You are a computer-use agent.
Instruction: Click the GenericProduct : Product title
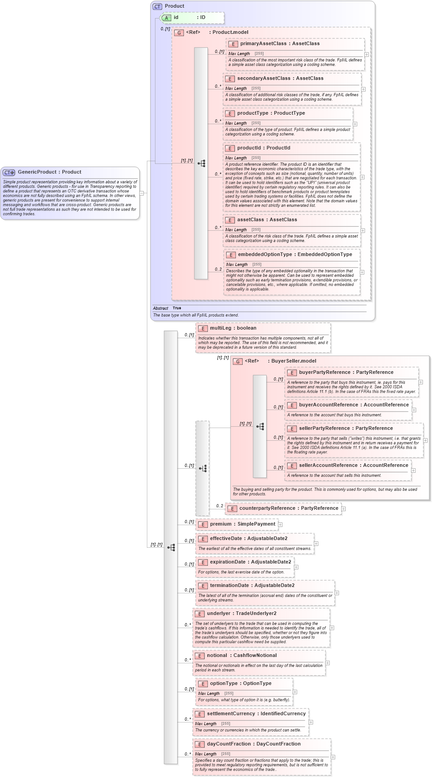click(49, 172)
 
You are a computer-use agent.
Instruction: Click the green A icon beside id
click(166, 18)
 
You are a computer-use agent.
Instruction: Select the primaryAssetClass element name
click(263, 44)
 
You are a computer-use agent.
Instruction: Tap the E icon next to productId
click(230, 148)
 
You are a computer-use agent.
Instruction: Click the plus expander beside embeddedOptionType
click(362, 272)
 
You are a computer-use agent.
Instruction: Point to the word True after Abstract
click(177, 308)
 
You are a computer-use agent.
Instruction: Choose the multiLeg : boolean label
click(233, 328)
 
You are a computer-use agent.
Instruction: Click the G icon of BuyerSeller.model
click(238, 361)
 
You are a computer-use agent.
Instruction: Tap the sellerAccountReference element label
click(328, 466)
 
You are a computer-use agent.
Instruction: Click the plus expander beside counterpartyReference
click(343, 509)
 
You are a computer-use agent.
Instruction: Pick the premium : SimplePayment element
click(242, 524)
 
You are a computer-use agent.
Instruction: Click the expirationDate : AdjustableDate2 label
click(250, 562)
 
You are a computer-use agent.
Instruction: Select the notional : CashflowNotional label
click(242, 656)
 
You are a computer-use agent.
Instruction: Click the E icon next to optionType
click(202, 684)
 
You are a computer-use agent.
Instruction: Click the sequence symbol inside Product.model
click(201, 163)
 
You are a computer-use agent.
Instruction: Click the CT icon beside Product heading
click(157, 6)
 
